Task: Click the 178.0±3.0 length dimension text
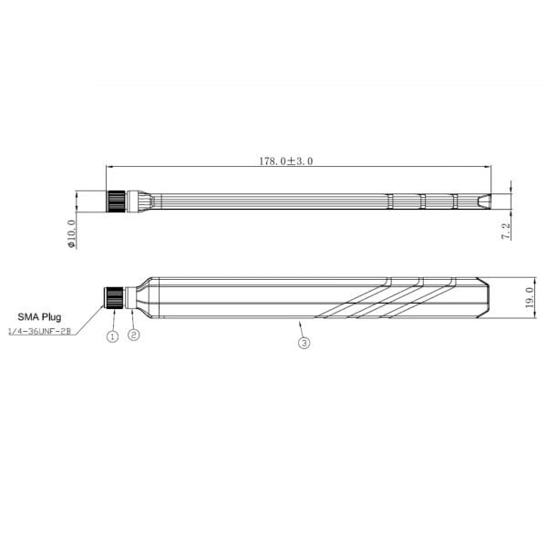pos(286,160)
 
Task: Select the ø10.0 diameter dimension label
pos(71,233)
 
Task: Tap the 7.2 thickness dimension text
pos(506,231)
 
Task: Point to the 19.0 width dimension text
pos(531,299)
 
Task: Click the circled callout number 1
pos(113,335)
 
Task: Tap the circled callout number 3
pos(304,344)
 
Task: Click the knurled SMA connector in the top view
pos(116,201)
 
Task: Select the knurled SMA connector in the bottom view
pos(114,298)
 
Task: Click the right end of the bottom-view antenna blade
pos(482,298)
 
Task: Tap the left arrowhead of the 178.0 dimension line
pos(109,167)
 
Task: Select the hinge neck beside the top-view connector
pos(136,201)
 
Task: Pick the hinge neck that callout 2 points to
pos(133,298)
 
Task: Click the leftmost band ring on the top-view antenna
pos(389,201)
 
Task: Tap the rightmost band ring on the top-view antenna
pos(455,201)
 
